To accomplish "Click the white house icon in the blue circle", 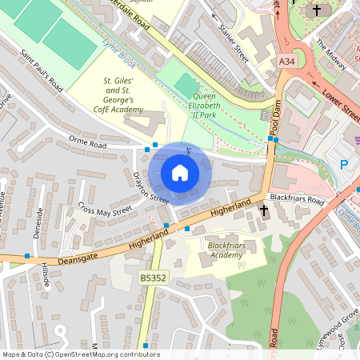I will coord(180,173).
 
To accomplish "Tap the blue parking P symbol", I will coord(345,165).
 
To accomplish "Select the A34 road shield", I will coord(287,61).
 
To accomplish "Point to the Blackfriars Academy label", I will coord(225,250).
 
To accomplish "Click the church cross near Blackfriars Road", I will coord(264,210).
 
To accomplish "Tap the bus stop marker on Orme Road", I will coord(147,149).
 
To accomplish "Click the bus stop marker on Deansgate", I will coord(27,256).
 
